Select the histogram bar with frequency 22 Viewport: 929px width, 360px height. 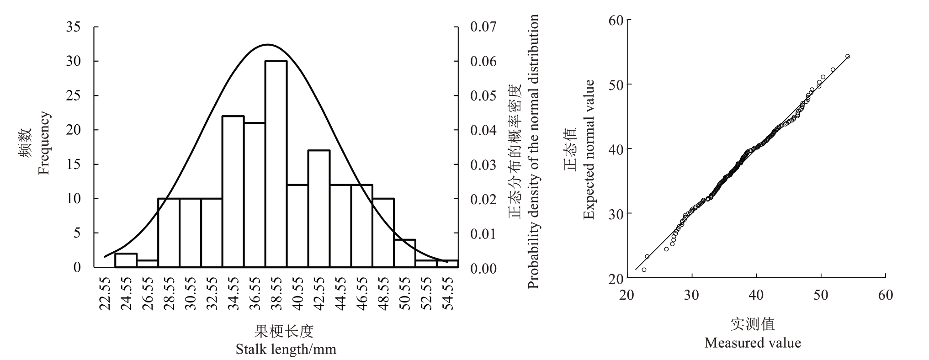pyautogui.click(x=233, y=191)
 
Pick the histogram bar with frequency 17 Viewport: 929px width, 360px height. pyautogui.click(x=319, y=208)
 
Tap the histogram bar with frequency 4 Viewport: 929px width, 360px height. pyautogui.click(x=405, y=253)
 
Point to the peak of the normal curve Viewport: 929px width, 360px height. pyautogui.click(x=267, y=45)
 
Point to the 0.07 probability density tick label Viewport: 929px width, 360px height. pyautogui.click(x=483, y=27)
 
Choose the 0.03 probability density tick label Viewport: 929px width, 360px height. pyautogui.click(x=483, y=164)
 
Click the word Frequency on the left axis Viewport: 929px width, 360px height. pyautogui.click(x=43, y=143)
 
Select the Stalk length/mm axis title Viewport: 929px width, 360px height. pyautogui.click(x=286, y=350)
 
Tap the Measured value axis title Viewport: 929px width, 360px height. pyautogui.click(x=752, y=343)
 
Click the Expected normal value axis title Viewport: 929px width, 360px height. pyautogui.click(x=589, y=149)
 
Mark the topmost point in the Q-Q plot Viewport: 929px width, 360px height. pyautogui.click(x=848, y=56)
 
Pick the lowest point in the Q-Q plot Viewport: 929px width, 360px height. pyautogui.click(x=644, y=270)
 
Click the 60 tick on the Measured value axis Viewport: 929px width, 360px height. pyautogui.click(x=886, y=295)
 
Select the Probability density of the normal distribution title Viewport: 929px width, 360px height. pyautogui.click(x=533, y=151)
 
